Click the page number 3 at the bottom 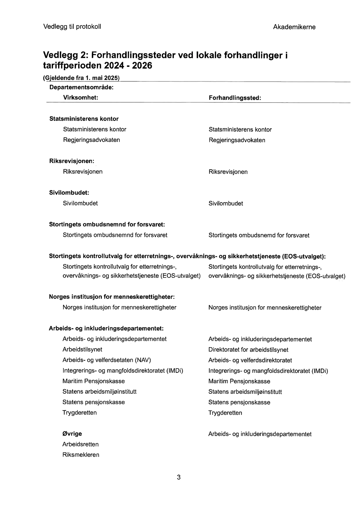179,477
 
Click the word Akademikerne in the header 294,27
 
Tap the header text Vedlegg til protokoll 72,27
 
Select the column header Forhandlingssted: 235,98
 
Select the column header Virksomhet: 81,98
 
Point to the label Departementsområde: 81,88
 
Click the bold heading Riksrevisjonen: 71,161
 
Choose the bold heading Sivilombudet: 69,193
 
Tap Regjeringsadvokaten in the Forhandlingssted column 237,140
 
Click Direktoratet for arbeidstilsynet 248,350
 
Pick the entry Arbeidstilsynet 82,349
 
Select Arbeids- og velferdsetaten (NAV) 106,360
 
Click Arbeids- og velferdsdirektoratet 250,360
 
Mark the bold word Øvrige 72,434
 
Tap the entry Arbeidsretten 80,444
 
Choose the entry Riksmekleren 81,455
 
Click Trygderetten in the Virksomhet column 79,413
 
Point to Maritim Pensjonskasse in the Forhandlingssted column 239,381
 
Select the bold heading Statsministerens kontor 84,119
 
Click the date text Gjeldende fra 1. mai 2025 81,78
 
